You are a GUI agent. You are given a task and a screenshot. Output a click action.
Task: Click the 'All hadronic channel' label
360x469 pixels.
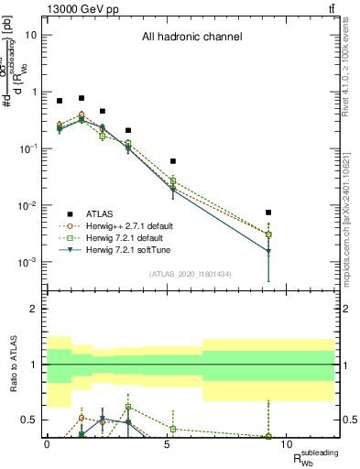pyautogui.click(x=191, y=38)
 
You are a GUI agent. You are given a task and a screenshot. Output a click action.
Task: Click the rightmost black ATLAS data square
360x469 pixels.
pyautogui.click(x=268, y=213)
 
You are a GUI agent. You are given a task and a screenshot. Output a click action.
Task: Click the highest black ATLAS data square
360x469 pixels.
pyautogui.click(x=82, y=98)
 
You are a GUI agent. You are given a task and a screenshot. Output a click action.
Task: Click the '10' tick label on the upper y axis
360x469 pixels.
pyautogui.click(x=32, y=35)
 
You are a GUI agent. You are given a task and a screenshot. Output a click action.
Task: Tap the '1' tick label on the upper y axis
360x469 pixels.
pyautogui.click(x=35, y=92)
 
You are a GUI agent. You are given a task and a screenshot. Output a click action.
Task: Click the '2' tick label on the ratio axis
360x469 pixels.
pyautogui.click(x=35, y=309)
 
